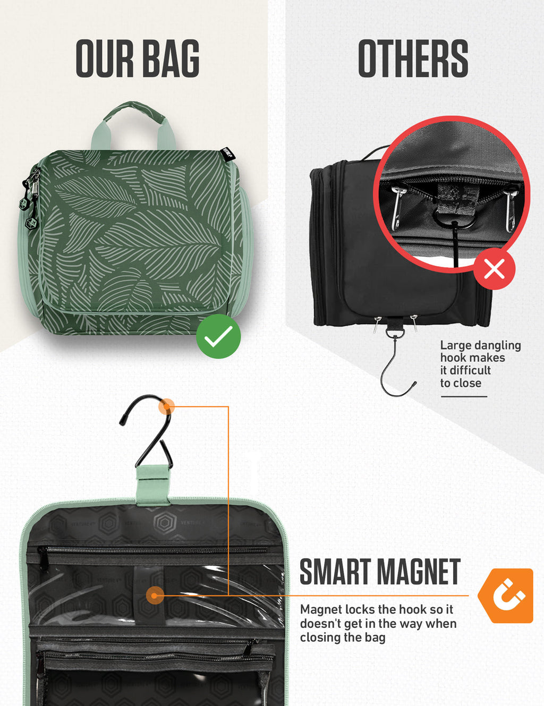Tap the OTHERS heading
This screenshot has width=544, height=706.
(x=413, y=59)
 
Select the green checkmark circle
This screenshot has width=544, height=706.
(x=218, y=336)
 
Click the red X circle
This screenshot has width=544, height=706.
(x=494, y=269)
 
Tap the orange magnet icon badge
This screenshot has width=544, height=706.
(x=506, y=596)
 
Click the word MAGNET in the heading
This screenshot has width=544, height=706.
(x=419, y=572)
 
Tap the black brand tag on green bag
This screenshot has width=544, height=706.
(x=228, y=154)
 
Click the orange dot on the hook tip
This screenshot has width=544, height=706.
(x=167, y=406)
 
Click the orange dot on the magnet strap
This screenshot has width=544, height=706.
(x=155, y=595)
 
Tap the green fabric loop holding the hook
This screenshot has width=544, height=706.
(x=153, y=483)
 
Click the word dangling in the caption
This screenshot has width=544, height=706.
(x=497, y=345)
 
